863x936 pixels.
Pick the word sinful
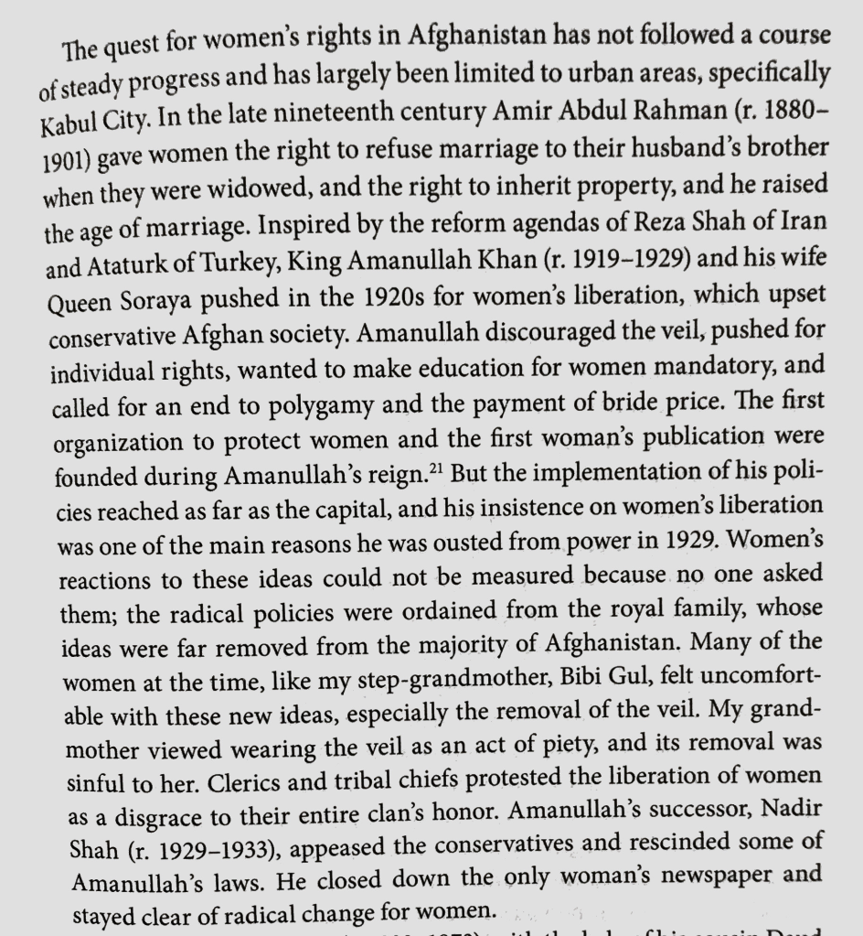[103, 784]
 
